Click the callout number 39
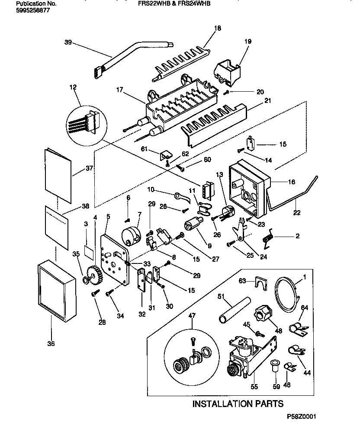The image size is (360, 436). click(x=67, y=42)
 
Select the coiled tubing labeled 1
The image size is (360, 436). click(x=286, y=294)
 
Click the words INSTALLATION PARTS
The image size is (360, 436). click(x=238, y=404)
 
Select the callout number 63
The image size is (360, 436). click(x=243, y=281)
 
